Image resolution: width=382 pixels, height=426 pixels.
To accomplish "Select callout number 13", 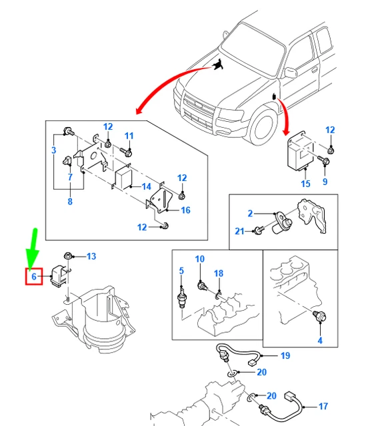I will (91, 256).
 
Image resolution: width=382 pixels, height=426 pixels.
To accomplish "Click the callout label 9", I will (325, 182).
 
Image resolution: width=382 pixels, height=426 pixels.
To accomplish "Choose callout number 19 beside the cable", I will (285, 356).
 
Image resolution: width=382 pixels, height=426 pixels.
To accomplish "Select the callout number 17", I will (323, 406).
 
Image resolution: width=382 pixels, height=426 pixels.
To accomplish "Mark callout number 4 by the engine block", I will (319, 341).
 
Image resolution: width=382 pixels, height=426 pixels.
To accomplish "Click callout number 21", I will (239, 231).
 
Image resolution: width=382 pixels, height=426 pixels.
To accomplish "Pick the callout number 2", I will (250, 214).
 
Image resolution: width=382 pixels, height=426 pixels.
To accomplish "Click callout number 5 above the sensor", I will (181, 270).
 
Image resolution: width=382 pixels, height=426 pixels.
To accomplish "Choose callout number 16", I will (185, 210).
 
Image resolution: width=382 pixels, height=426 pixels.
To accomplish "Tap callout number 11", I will (129, 136).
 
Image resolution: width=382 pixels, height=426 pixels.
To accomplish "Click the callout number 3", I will (53, 151).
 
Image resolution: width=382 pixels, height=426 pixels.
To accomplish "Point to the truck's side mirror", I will (291, 72).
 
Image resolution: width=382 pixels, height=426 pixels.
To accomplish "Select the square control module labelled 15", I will (301, 152).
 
